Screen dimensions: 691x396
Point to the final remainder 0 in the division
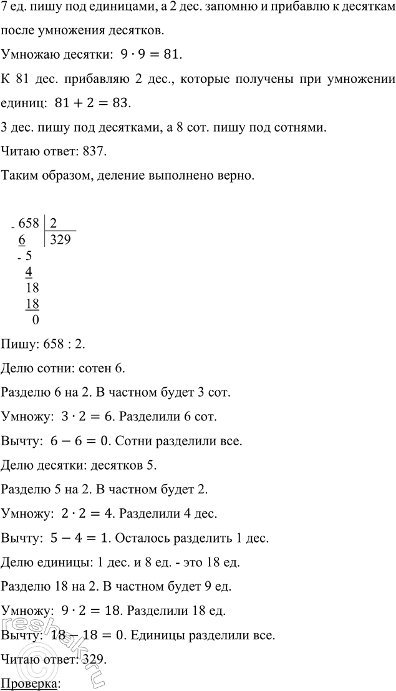point(34,320)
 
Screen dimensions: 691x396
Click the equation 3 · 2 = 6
point(78,415)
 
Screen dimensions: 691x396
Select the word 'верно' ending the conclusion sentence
point(236,176)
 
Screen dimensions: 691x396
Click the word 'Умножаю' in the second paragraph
point(28,55)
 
